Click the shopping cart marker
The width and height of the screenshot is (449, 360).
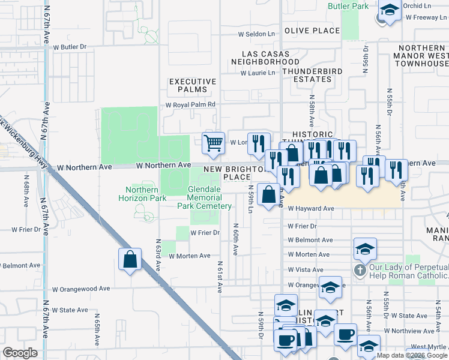click(x=213, y=143)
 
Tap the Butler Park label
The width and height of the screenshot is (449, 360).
click(x=348, y=6)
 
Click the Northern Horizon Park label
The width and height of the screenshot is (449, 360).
click(x=142, y=194)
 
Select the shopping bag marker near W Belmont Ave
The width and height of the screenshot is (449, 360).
click(x=130, y=259)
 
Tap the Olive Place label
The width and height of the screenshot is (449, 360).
click(x=312, y=31)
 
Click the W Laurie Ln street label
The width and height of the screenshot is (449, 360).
click(x=258, y=73)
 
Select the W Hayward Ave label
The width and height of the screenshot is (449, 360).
click(x=310, y=209)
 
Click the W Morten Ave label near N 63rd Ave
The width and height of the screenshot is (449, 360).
click(x=189, y=256)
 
